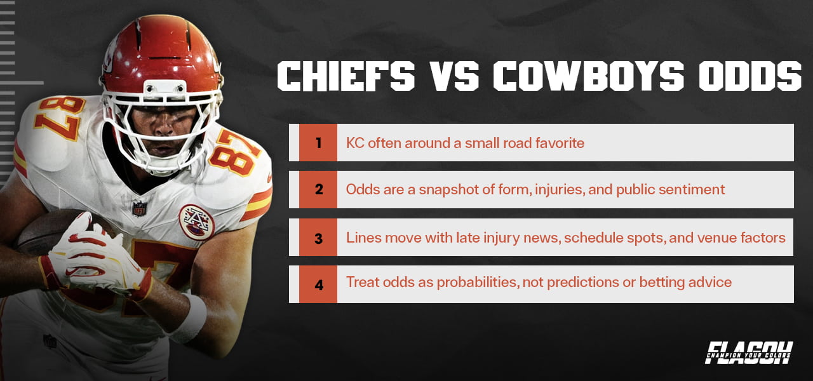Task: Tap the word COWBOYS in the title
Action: coord(588,77)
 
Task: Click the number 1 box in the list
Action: coord(318,142)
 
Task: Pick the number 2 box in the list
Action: coord(318,189)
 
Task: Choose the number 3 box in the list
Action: coord(318,237)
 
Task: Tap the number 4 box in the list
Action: coord(318,284)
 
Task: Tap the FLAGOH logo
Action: coord(749,352)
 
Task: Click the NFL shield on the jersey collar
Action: coord(139,208)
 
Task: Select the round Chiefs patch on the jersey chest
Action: coord(196,221)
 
